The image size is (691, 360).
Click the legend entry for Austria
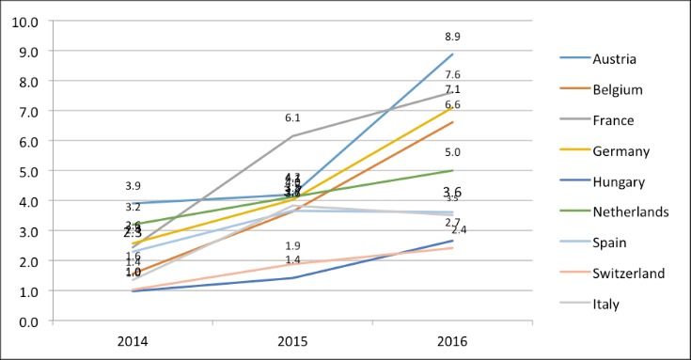pos(615,59)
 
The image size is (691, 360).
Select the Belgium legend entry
pos(617,89)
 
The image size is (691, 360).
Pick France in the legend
pos(614,120)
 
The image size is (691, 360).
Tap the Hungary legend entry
pos(619,181)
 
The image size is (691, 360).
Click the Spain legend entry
pos(611,243)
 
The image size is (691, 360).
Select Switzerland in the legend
pos(626,273)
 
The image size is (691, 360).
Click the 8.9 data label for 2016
pos(453,36)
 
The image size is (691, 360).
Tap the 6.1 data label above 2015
pos(293,117)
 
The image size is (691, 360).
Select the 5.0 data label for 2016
pos(453,152)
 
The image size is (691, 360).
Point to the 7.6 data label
pos(453,75)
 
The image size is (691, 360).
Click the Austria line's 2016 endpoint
pos(453,54)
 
